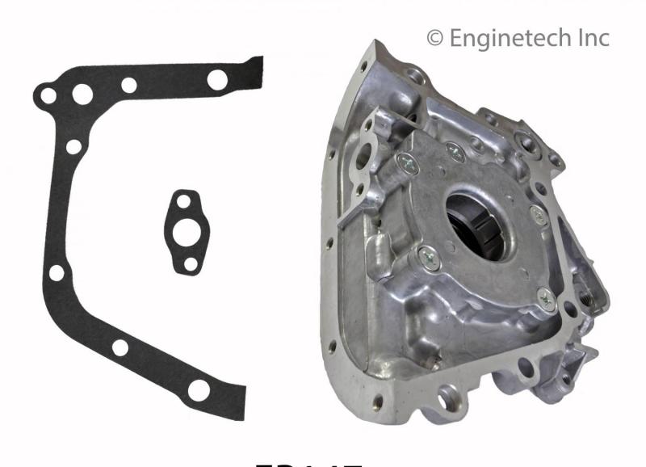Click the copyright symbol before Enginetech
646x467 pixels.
(435, 38)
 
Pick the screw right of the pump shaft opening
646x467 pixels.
(537, 214)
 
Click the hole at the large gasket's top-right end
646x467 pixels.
(217, 79)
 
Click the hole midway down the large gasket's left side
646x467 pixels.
(57, 273)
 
